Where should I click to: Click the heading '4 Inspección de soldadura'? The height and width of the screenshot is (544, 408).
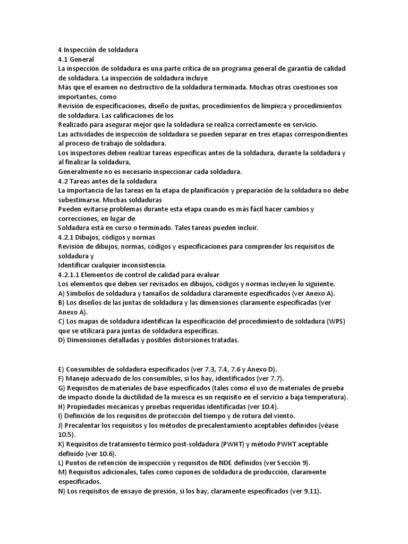pyautogui.click(x=98, y=50)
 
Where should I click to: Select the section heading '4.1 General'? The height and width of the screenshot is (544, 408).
pyautogui.click(x=76, y=59)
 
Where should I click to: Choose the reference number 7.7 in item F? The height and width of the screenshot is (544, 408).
pyautogui.click(x=274, y=378)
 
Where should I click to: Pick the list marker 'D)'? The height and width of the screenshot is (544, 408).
pyautogui.click(x=62, y=340)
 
